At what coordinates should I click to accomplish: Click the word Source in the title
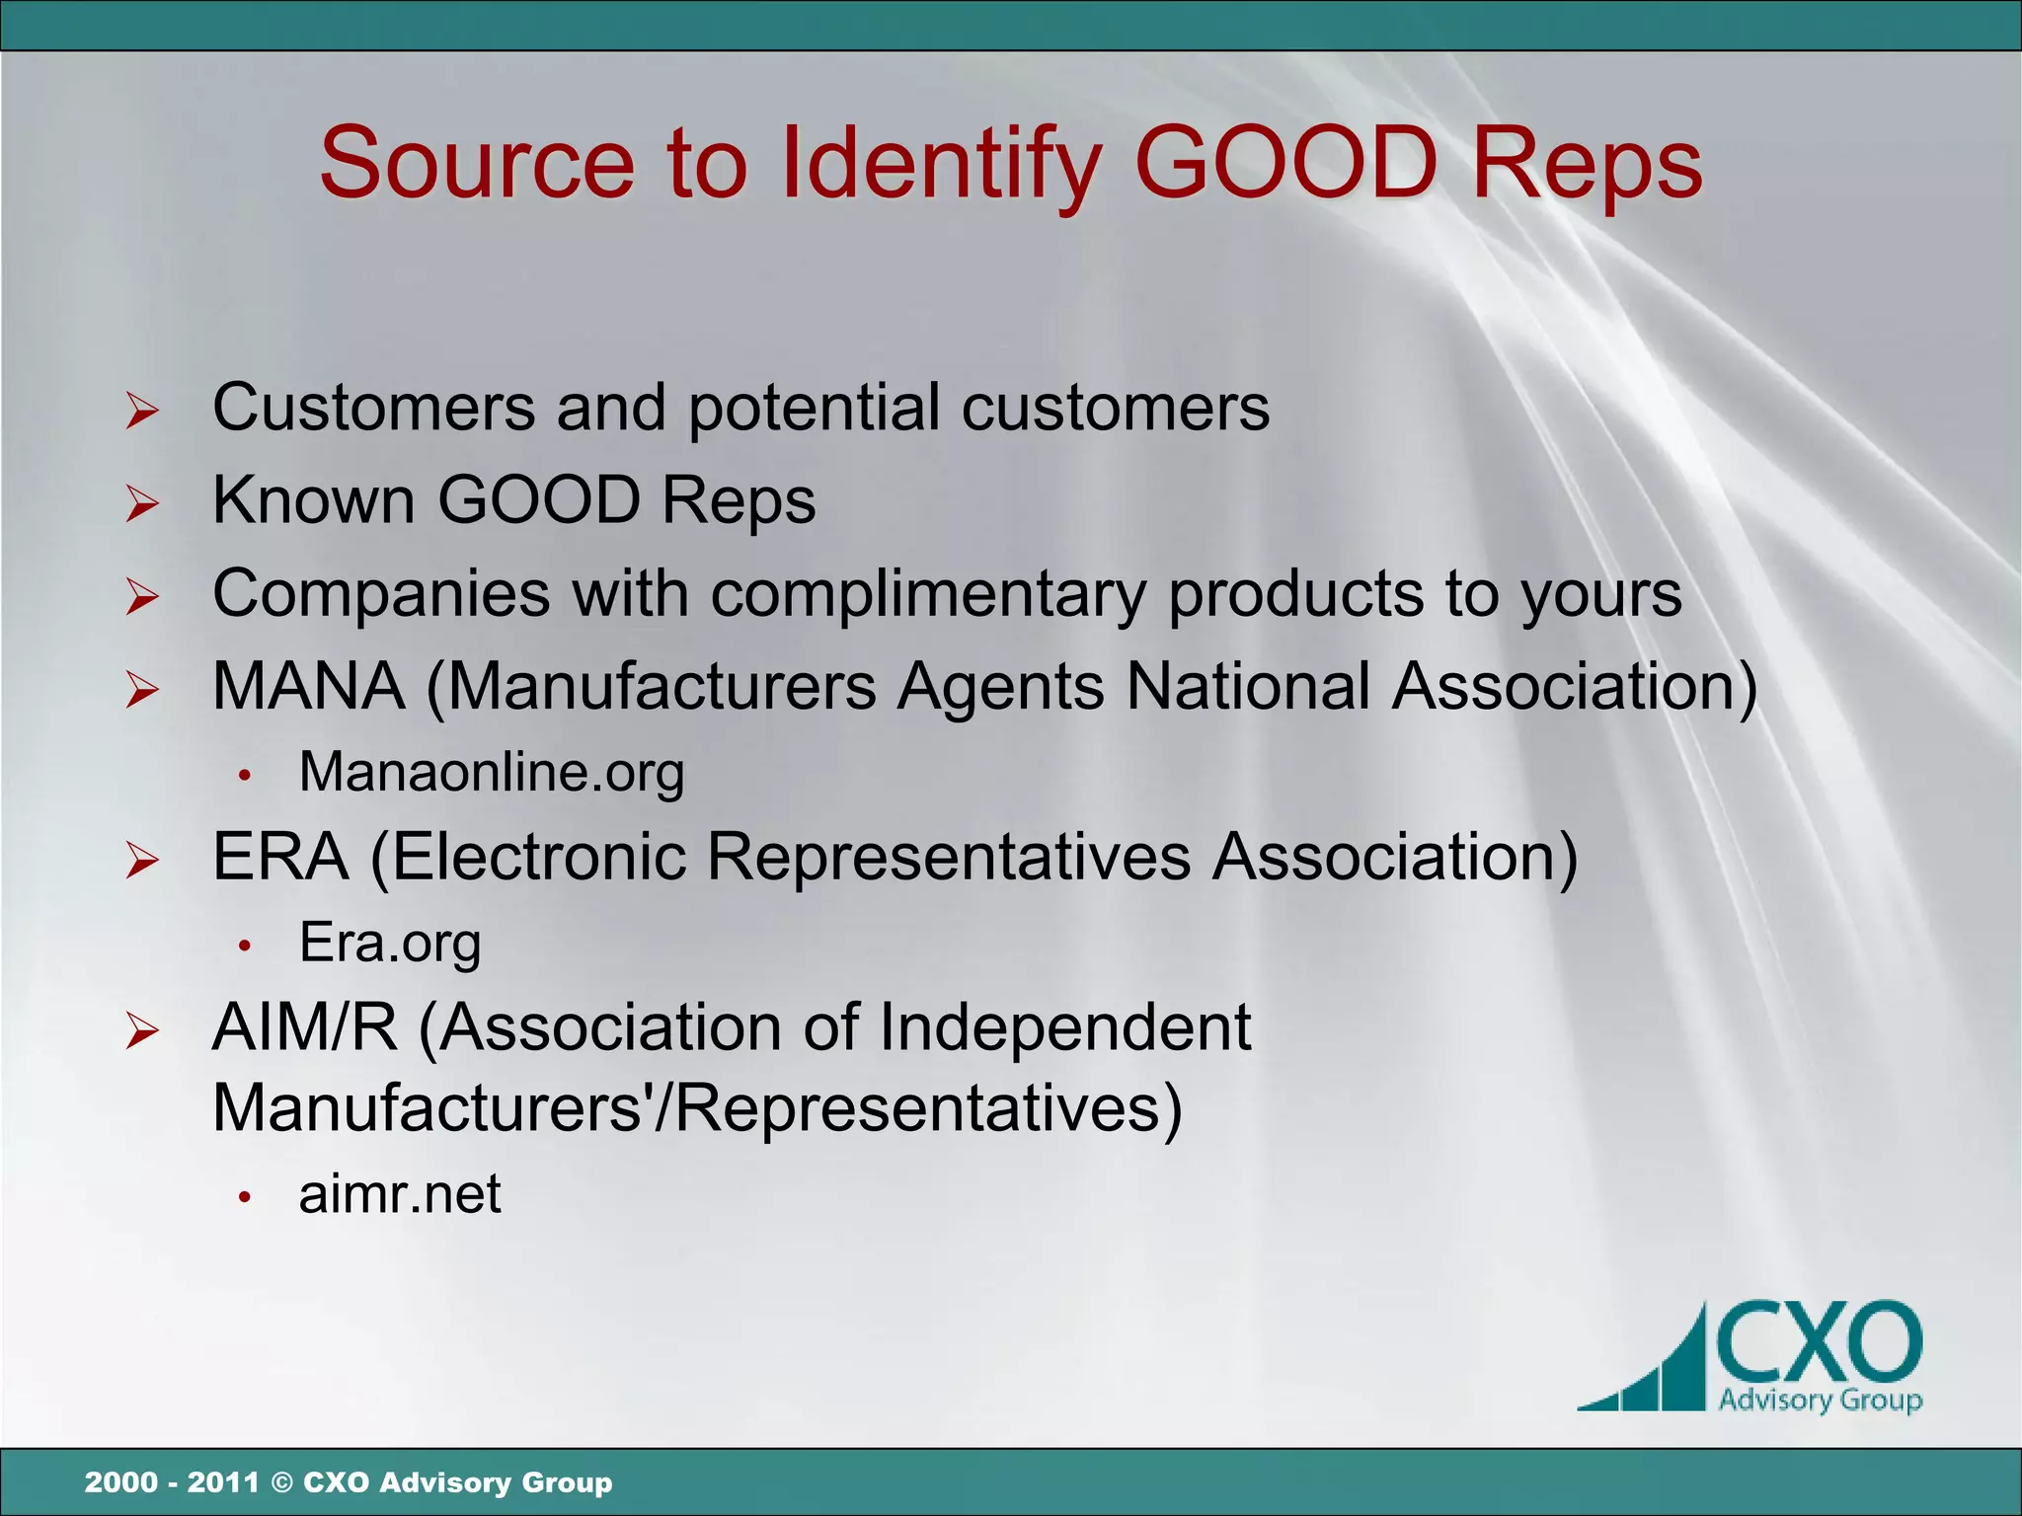pos(477,164)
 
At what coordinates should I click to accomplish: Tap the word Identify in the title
pos(942,164)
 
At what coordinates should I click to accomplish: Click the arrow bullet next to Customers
pos(142,411)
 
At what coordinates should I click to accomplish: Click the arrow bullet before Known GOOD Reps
pos(142,503)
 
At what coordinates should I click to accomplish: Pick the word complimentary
pos(928,594)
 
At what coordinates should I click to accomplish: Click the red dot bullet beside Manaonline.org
pos(246,777)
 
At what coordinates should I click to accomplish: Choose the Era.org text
pos(390,942)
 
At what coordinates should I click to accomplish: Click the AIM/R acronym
pos(304,1027)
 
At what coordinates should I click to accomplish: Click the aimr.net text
pos(400,1193)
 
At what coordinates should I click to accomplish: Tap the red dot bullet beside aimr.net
pos(246,1198)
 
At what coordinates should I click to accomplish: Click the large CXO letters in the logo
pos(1819,1342)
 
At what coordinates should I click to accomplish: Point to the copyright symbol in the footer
pos(281,1482)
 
